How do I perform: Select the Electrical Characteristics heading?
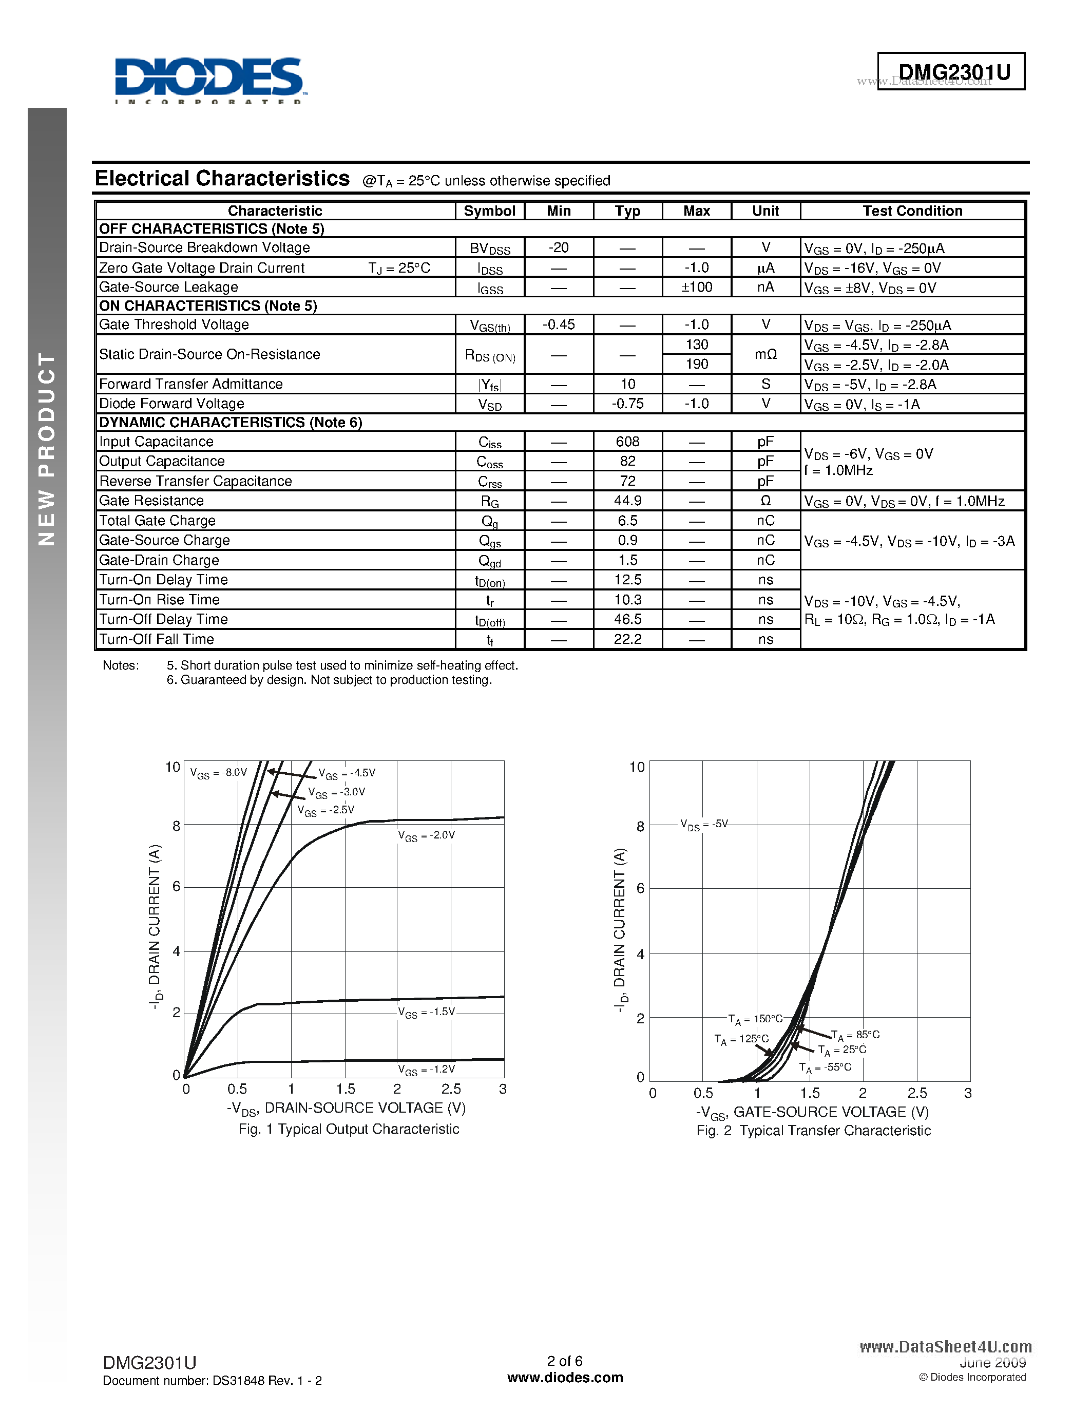pos(222,179)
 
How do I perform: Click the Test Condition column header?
pos(912,211)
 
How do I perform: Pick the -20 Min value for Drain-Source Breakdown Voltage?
pos(559,247)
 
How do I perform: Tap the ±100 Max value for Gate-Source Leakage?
pos(696,287)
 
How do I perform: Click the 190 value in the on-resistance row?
pos(696,364)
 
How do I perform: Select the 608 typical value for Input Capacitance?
pos(627,442)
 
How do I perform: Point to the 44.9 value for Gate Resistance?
pos(627,501)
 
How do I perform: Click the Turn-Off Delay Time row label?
pos(163,619)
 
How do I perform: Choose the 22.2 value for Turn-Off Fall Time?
pos(627,639)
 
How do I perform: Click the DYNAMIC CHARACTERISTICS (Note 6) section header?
pos(230,422)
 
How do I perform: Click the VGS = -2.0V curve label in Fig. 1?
pos(427,835)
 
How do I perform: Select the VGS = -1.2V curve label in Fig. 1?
pos(427,1070)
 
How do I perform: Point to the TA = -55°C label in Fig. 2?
pos(826,1067)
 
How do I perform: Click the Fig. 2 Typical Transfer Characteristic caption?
pos(813,1131)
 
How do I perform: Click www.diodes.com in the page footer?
pos(565,1378)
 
